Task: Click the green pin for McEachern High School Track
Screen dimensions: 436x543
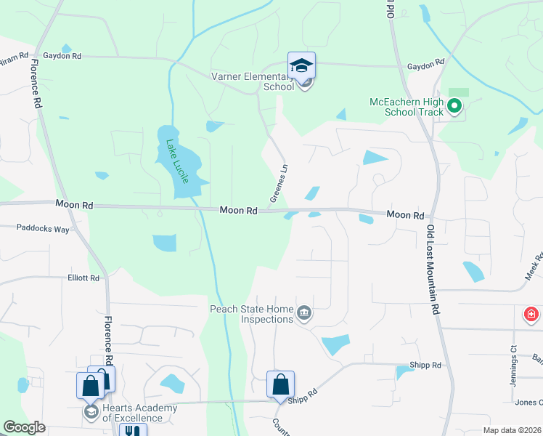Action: click(x=455, y=107)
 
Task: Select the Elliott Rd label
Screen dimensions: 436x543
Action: click(x=83, y=278)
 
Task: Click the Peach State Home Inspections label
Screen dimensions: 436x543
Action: click(x=252, y=314)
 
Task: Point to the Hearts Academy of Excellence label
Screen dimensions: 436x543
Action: click(x=139, y=413)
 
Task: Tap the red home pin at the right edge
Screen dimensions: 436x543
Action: click(x=531, y=315)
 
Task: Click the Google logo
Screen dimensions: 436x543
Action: click(x=24, y=427)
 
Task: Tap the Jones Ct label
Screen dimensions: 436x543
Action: click(x=528, y=403)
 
